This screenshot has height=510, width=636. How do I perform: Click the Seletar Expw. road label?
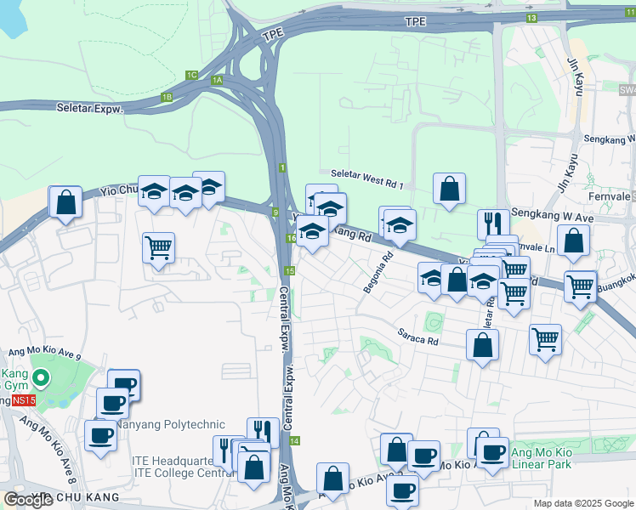[90, 109]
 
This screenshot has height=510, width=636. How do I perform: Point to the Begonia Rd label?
[379, 273]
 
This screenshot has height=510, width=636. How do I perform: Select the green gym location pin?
[40, 377]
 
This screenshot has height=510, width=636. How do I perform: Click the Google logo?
[28, 499]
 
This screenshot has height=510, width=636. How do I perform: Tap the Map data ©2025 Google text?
[583, 503]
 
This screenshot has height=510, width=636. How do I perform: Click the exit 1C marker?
[191, 76]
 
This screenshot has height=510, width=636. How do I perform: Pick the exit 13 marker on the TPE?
[531, 18]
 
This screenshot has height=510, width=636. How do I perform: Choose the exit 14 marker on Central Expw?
[294, 441]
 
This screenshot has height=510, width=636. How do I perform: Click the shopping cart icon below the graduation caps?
[158, 247]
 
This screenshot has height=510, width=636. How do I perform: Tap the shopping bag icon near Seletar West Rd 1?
[449, 189]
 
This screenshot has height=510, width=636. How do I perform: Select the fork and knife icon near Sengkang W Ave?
[493, 224]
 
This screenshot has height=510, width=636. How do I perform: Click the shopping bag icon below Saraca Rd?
[482, 345]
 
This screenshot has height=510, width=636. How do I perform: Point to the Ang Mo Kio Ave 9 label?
[43, 353]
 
